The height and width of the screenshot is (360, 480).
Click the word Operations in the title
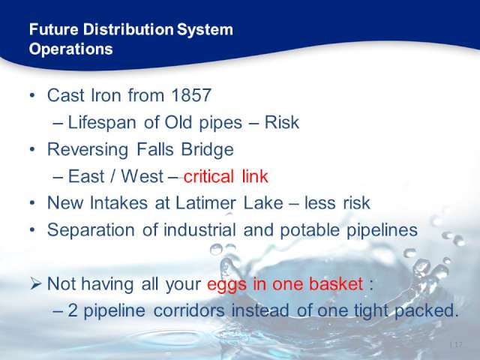(71, 49)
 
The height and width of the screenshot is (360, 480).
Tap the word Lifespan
(102, 123)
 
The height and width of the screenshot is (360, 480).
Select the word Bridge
(208, 150)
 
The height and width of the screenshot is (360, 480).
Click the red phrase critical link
(226, 176)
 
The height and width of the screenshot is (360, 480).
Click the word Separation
(91, 230)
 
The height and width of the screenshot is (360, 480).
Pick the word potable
(310, 230)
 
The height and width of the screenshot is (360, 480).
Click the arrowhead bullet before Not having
(36, 284)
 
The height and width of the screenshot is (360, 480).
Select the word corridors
(189, 310)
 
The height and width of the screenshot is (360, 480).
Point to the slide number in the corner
(456, 345)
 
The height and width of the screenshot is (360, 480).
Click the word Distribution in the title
(128, 30)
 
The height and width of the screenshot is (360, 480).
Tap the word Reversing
(88, 150)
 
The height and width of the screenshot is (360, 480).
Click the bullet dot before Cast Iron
(32, 95)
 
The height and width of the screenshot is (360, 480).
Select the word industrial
(200, 230)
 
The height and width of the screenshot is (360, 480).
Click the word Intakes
(118, 203)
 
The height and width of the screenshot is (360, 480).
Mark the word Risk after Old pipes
(282, 122)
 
